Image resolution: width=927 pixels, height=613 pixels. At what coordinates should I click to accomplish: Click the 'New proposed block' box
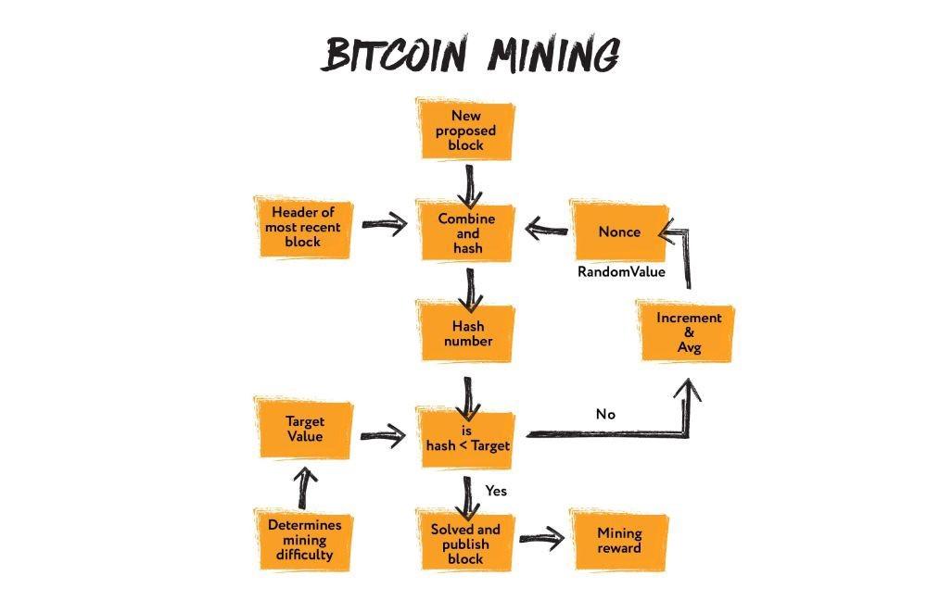(467, 131)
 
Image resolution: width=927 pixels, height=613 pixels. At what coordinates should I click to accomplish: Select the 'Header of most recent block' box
(302, 227)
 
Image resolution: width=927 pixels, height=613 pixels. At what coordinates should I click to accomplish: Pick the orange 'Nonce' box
(618, 231)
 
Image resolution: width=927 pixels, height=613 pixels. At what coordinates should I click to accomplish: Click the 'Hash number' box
(468, 333)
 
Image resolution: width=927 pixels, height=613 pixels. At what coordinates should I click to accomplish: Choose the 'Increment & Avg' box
(688, 332)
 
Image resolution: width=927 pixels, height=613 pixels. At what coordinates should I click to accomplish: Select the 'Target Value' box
(304, 429)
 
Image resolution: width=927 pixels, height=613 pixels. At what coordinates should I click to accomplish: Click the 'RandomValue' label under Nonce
(621, 272)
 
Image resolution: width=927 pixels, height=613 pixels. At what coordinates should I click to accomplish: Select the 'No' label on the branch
(605, 414)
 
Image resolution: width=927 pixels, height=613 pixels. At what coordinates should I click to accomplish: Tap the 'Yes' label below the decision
(496, 491)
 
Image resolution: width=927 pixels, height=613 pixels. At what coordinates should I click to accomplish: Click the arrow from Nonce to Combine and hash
(546, 226)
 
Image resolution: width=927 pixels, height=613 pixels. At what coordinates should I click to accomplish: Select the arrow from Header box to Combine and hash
(385, 224)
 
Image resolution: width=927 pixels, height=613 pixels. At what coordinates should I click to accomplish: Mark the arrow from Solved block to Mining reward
(542, 538)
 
